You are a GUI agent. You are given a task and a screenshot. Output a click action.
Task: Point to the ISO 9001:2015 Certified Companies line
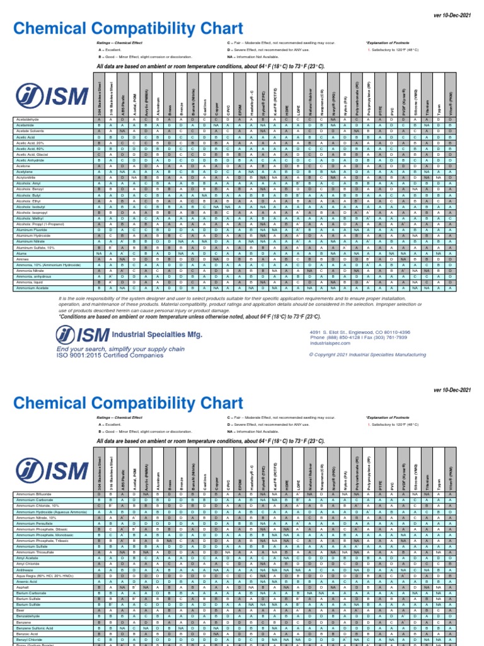[x=111, y=355]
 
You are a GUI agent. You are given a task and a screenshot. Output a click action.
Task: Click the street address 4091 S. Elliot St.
[x=359, y=332]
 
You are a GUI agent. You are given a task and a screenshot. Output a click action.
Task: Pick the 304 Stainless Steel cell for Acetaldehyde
[x=98, y=119]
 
